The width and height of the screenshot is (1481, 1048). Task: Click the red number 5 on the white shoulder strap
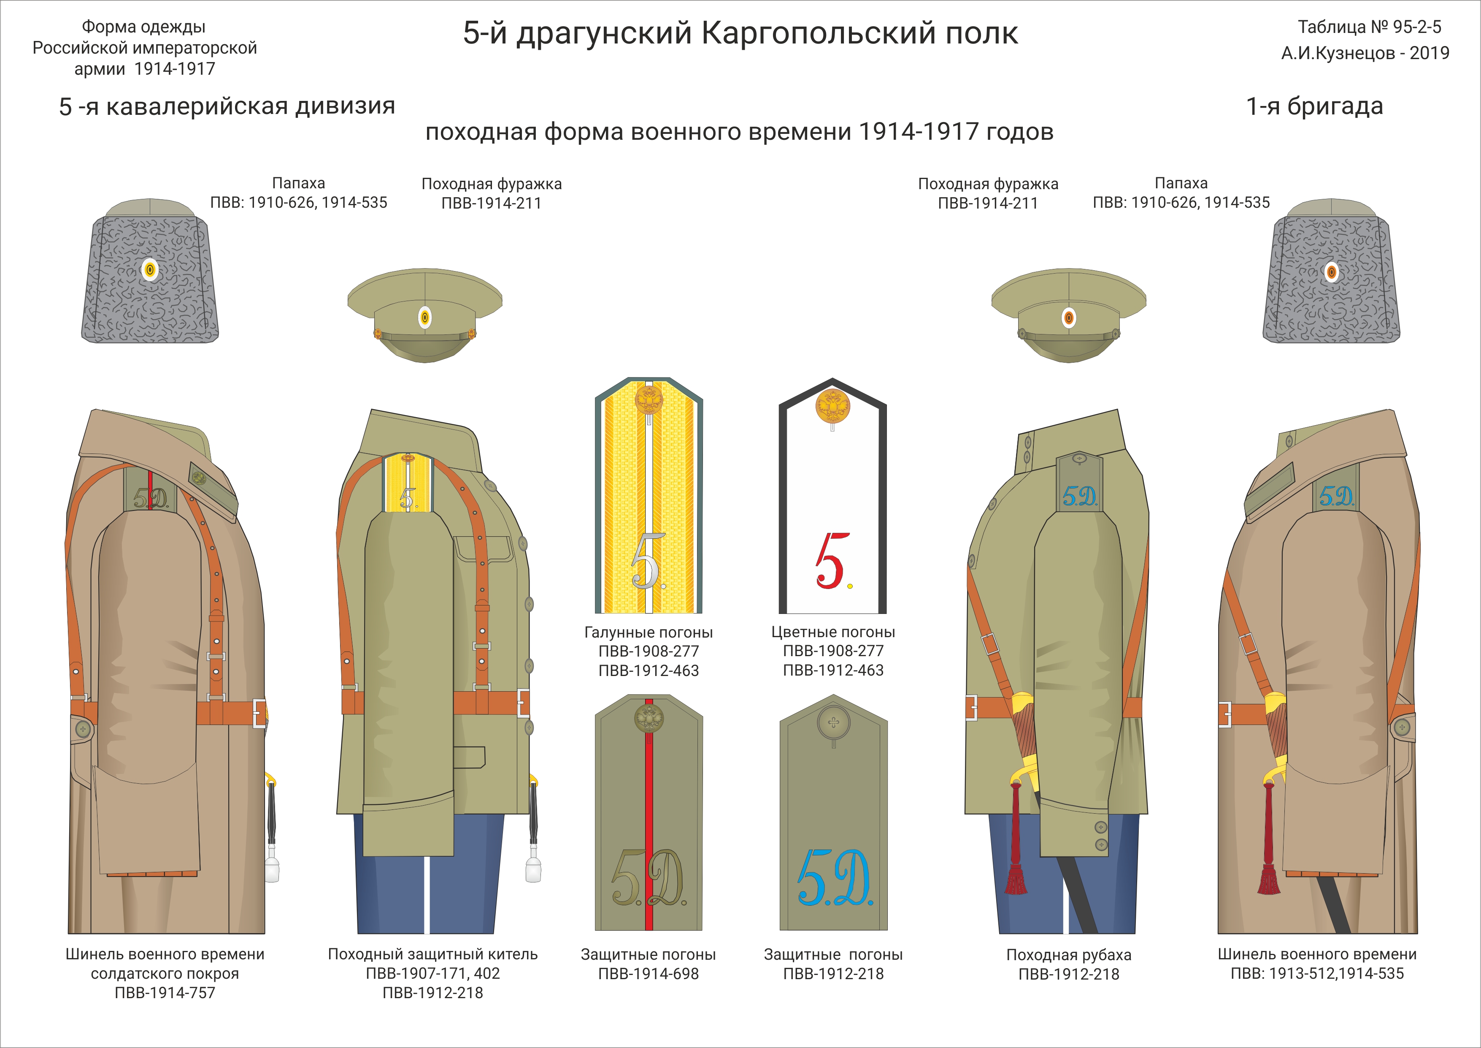pos(830,561)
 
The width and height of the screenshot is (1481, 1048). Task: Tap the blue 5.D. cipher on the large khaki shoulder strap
pos(834,878)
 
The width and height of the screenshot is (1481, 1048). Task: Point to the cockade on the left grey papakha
pos(150,270)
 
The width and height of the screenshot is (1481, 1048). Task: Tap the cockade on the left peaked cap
pos(424,318)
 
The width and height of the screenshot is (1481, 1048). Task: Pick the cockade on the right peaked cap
pos(1069,318)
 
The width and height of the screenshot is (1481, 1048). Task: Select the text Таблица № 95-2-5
pos(1369,27)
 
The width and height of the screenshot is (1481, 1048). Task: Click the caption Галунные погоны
pos(648,633)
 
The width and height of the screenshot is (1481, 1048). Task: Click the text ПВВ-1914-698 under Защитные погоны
pos(648,974)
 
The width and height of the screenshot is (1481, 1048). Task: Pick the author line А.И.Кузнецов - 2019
pos(1365,53)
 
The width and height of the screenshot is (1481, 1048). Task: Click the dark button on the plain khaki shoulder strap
pos(833,723)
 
